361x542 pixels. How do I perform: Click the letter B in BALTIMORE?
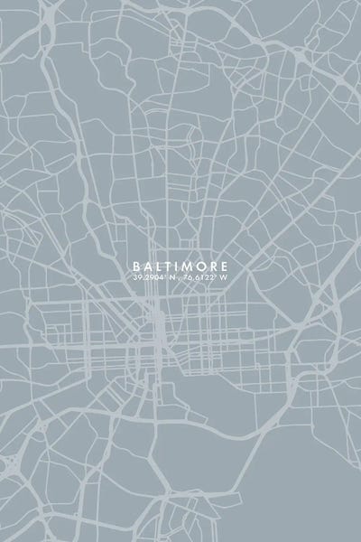click(135, 267)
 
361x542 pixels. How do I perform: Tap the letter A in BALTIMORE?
click(147, 267)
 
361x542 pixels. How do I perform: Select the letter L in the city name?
click(159, 267)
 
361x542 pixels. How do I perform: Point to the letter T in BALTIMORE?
click(169, 267)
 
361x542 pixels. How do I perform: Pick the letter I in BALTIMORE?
click(178, 267)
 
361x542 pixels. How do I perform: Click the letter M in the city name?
click(189, 267)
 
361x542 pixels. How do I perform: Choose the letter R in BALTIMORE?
click(214, 267)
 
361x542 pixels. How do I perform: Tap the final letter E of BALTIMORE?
click(226, 267)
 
